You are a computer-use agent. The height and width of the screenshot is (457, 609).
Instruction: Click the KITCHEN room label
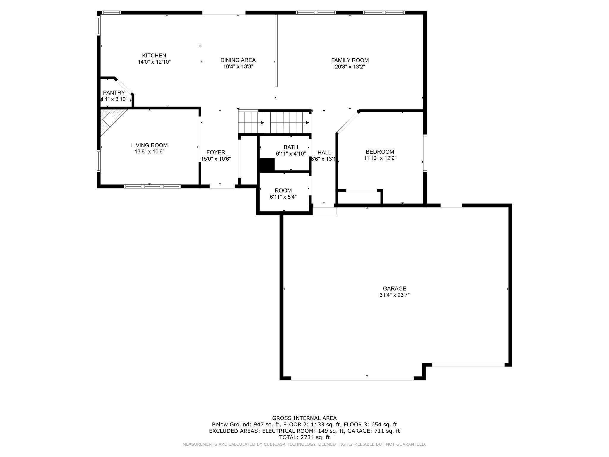154,56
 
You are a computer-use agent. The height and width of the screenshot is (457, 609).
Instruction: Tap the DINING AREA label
238,60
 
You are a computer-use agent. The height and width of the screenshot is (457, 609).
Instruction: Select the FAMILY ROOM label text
350,60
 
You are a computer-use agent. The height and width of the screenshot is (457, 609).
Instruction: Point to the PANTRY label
114,93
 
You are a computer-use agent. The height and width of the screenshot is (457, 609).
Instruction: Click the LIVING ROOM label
149,145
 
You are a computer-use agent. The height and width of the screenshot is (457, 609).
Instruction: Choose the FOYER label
216,153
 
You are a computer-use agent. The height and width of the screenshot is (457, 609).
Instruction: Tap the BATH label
291,147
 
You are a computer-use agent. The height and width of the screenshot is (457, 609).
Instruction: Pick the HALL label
324,153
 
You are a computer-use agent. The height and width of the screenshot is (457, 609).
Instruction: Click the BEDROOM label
380,152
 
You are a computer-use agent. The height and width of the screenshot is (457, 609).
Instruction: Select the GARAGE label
394,289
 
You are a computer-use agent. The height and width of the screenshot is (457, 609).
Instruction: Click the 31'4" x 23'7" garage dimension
394,295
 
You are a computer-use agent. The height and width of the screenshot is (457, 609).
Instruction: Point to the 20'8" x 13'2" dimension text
350,67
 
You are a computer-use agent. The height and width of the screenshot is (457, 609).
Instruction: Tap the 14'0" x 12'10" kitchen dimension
154,62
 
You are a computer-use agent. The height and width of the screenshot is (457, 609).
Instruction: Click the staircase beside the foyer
274,122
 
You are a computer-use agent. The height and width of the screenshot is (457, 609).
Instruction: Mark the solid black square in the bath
266,165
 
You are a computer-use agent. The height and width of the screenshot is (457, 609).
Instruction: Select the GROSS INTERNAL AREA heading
304,418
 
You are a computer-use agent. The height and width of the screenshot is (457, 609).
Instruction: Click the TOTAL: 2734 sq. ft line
304,437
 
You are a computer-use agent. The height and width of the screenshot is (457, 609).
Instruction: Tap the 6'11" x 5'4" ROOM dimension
283,197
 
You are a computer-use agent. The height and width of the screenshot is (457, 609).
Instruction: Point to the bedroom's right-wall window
425,153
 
